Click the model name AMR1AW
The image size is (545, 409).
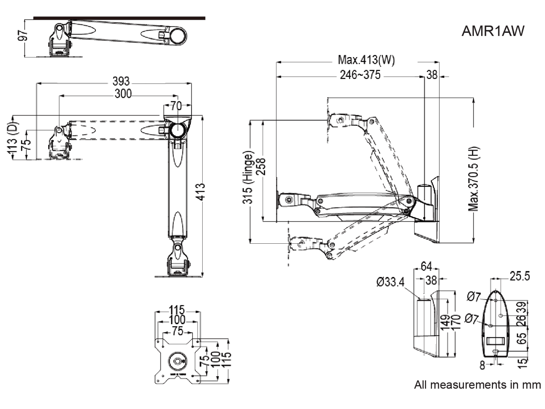[493, 31]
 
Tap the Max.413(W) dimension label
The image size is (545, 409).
[366, 60]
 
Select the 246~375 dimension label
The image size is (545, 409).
[360, 75]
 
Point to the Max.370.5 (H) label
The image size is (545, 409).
[474, 179]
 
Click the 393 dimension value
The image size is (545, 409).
[121, 81]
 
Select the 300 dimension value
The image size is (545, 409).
[123, 94]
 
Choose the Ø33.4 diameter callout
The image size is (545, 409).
[390, 282]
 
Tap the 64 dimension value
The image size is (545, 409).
[426, 267]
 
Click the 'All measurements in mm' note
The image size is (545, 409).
[477, 385]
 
